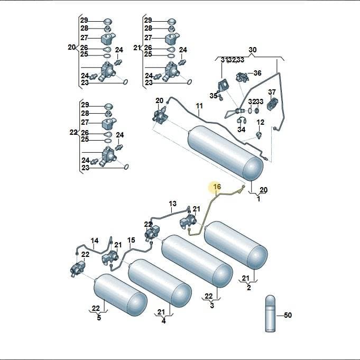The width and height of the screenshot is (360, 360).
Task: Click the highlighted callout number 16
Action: point(217,187)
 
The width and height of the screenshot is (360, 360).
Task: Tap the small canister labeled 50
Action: point(270,313)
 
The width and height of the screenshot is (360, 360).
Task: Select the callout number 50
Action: point(288,315)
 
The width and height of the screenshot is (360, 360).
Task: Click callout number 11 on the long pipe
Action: point(199,106)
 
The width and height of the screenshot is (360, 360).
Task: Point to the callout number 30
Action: point(253,50)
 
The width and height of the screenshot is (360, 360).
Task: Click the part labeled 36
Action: point(242,77)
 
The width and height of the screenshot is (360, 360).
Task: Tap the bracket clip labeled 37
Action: point(272,104)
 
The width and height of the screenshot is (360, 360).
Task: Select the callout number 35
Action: point(213,96)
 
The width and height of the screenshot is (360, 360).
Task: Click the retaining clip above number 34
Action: point(241,121)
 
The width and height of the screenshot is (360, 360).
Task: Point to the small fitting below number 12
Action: point(259,135)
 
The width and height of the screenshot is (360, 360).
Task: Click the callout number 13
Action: point(173,204)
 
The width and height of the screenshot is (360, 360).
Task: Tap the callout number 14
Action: point(95,241)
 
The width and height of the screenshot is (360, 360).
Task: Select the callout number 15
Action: point(131,240)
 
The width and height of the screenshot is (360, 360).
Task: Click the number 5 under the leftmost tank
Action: point(99,318)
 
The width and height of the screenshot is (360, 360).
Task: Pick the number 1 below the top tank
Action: point(259,199)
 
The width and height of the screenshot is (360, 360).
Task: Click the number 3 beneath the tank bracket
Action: point(212,306)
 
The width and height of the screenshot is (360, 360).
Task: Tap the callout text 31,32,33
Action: point(233,60)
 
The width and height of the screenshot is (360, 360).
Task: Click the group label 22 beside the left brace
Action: point(73,133)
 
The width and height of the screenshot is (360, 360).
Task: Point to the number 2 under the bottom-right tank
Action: point(249,288)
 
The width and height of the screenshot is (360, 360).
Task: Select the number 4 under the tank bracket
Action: point(163,321)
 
